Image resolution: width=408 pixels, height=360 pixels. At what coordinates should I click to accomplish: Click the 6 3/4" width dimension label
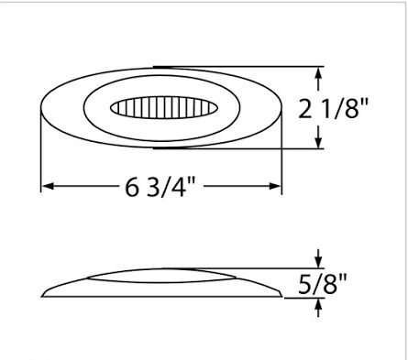160,187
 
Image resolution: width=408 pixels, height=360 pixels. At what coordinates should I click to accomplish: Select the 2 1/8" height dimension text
334,107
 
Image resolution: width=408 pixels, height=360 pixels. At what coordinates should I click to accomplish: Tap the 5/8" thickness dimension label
323,284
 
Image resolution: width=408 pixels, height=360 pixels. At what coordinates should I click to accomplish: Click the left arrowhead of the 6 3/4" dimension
48,186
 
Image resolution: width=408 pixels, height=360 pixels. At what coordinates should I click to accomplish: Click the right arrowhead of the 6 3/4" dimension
275,186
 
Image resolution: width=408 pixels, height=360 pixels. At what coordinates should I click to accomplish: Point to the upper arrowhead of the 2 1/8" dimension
318,73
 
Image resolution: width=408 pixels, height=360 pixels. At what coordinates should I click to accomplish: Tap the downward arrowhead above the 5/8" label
318,262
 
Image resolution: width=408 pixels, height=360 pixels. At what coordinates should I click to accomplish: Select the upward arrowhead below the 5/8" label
318,305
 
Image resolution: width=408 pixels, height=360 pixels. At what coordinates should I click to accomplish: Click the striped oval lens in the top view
164,107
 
